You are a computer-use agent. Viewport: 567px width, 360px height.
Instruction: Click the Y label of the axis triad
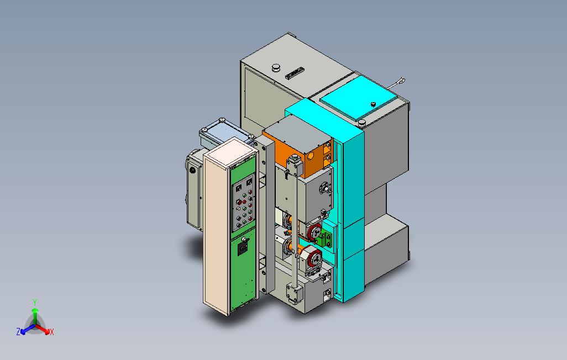point(34,302)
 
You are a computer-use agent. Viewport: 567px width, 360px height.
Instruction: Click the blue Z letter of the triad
point(18,332)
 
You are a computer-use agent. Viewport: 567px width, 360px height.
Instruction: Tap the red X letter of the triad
point(51,332)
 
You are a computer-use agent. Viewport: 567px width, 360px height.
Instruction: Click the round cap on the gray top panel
point(275,67)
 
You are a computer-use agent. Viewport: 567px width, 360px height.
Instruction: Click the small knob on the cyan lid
point(373,104)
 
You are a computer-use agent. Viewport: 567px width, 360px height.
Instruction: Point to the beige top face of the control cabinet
point(228,149)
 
